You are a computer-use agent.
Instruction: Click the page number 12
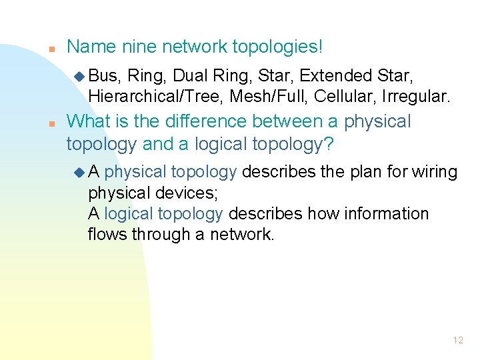(457, 340)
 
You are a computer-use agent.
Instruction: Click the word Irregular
(417, 97)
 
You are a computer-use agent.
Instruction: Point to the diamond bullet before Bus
(81, 75)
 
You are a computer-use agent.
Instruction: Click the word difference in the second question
(213, 122)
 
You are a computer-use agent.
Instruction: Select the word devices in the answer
(183, 193)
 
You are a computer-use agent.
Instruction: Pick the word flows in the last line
(107, 234)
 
